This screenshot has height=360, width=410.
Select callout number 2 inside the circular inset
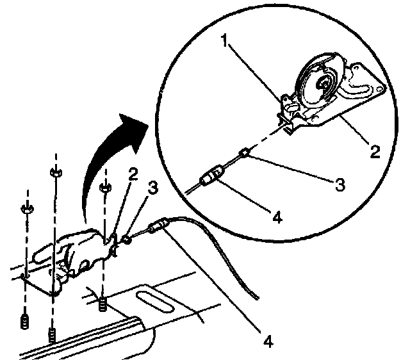point(375,152)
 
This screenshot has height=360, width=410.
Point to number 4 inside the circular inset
point(277,217)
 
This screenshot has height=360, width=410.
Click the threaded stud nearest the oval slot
point(102,306)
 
